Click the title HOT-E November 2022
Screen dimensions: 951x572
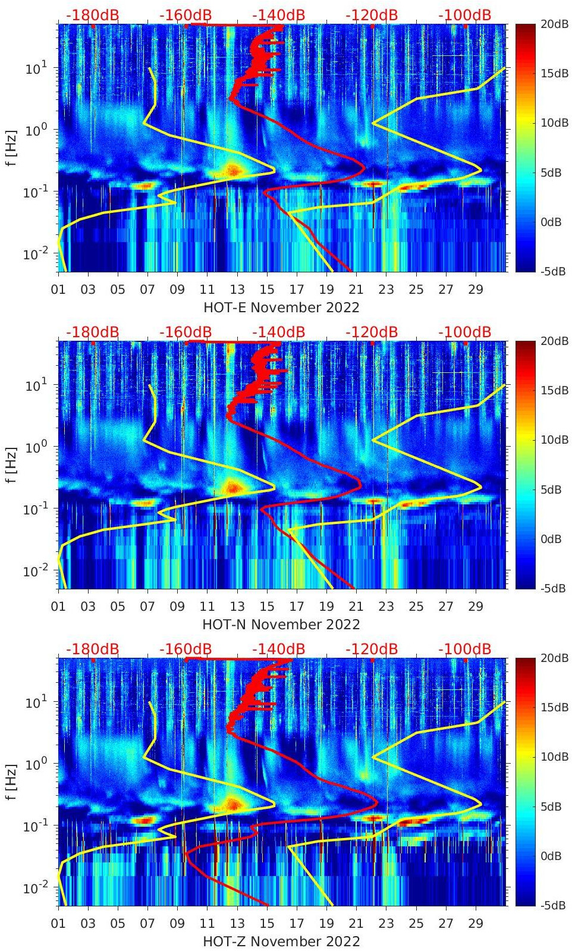pos(281,307)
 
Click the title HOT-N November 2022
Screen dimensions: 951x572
pos(281,624)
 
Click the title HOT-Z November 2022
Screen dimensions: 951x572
pos(281,941)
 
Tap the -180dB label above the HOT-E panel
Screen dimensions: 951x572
pos(92,15)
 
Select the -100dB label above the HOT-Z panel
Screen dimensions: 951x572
pos(464,649)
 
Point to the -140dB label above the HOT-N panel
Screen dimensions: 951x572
pos(278,332)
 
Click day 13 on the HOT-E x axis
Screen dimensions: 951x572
pos(237,290)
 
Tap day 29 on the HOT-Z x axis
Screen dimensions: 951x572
pos(476,924)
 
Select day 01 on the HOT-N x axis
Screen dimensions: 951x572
pos(58,607)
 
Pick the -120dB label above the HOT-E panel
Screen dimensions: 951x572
pos(371,15)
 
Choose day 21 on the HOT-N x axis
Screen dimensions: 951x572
pos(356,607)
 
